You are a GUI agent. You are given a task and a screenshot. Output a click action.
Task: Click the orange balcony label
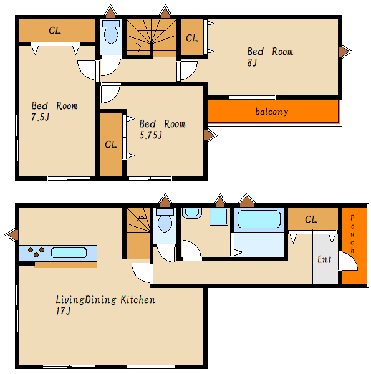click(271, 112)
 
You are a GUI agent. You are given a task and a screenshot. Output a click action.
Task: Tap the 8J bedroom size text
click(252, 63)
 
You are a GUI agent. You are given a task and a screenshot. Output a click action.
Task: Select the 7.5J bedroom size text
click(41, 117)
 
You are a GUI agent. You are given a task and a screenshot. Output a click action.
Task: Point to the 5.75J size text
click(150, 135)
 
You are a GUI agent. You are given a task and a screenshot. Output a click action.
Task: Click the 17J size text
click(63, 310)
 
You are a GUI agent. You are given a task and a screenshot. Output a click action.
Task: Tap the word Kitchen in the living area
click(138, 300)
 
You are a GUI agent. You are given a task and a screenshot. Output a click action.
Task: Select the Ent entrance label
click(324, 259)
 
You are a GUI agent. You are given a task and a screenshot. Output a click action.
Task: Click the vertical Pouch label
click(352, 234)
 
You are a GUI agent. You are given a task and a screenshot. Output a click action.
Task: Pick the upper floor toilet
click(111, 32)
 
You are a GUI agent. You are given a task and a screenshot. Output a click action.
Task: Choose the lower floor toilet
click(165, 220)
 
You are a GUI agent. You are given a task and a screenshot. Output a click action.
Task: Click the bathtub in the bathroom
click(259, 219)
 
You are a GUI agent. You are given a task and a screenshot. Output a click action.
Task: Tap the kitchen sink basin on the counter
click(69, 253)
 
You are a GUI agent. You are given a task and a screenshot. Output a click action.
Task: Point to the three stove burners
click(36, 252)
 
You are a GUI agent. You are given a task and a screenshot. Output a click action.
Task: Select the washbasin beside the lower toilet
click(192, 213)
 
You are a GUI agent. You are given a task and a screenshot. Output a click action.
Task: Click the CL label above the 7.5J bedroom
click(55, 31)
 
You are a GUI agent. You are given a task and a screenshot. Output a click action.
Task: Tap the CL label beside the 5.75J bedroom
click(111, 145)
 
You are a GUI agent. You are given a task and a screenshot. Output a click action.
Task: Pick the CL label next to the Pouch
click(311, 219)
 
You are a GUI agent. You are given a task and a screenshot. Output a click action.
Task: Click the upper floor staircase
click(152, 37)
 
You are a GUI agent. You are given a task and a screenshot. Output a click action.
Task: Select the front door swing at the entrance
click(349, 261)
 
